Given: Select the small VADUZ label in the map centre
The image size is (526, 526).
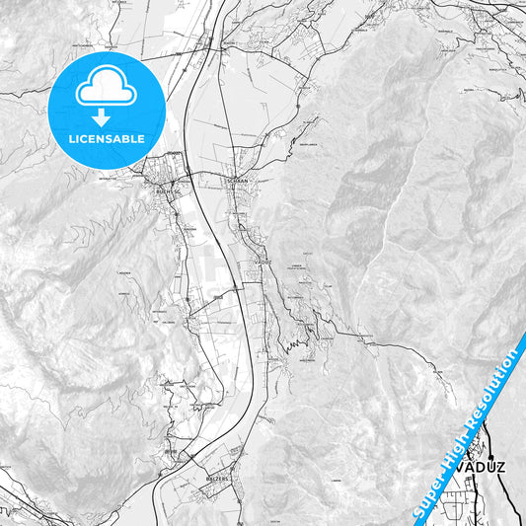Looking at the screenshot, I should tap(262, 261).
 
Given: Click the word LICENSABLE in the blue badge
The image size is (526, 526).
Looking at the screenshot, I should tap(106, 139).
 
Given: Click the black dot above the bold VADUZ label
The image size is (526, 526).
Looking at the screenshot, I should tap(468, 449).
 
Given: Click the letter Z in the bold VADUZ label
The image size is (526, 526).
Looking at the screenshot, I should tap(497, 467).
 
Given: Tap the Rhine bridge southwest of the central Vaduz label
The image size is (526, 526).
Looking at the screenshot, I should tap(238, 292).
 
